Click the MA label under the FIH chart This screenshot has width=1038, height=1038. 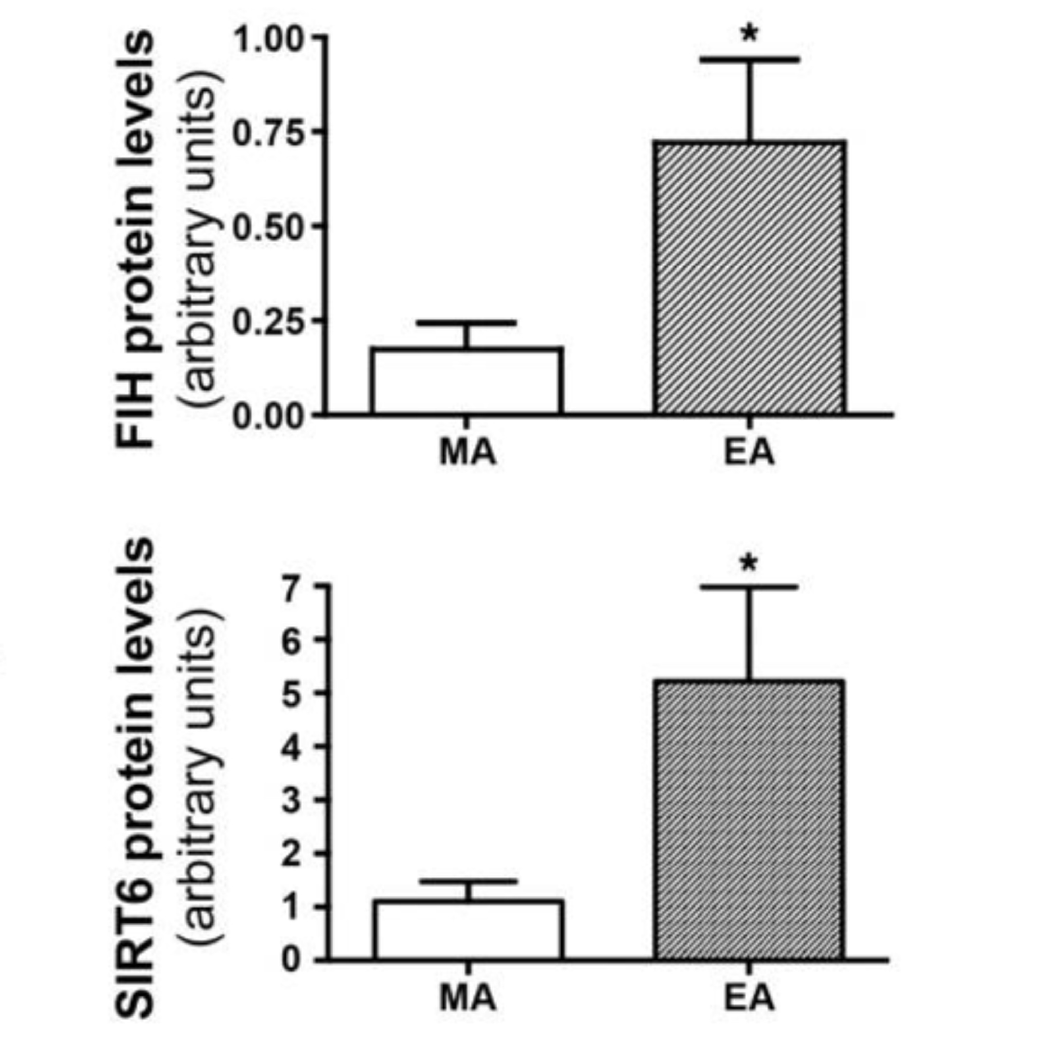[467, 452]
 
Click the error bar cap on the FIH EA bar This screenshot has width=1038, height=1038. [749, 60]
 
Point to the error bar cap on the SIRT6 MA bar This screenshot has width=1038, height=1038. [468, 882]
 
